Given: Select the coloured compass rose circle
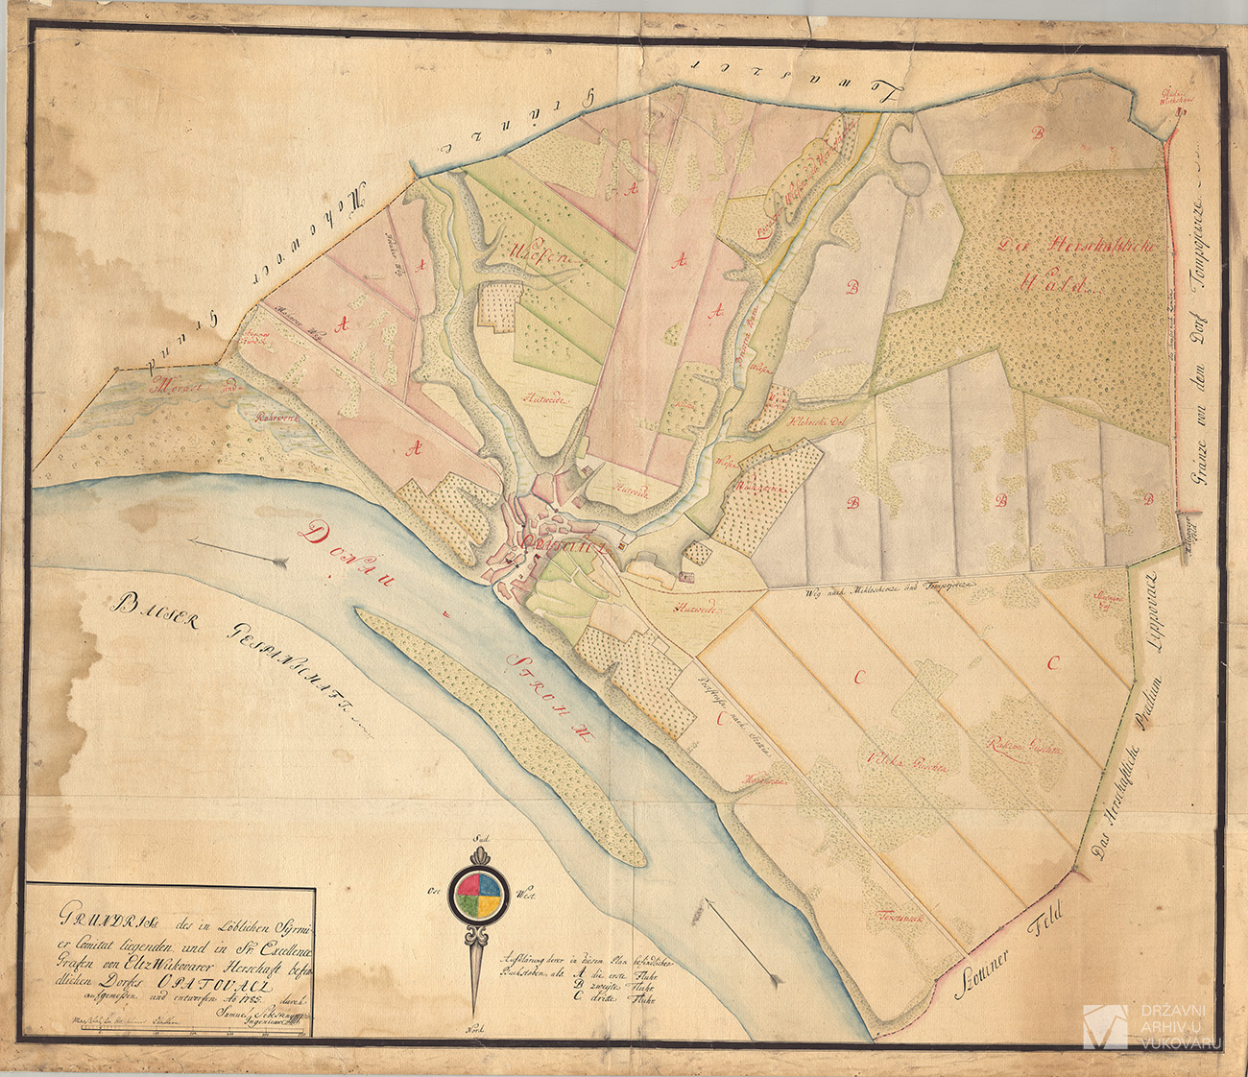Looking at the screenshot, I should coord(476,894).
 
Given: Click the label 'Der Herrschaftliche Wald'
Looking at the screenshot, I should coord(1080,264).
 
